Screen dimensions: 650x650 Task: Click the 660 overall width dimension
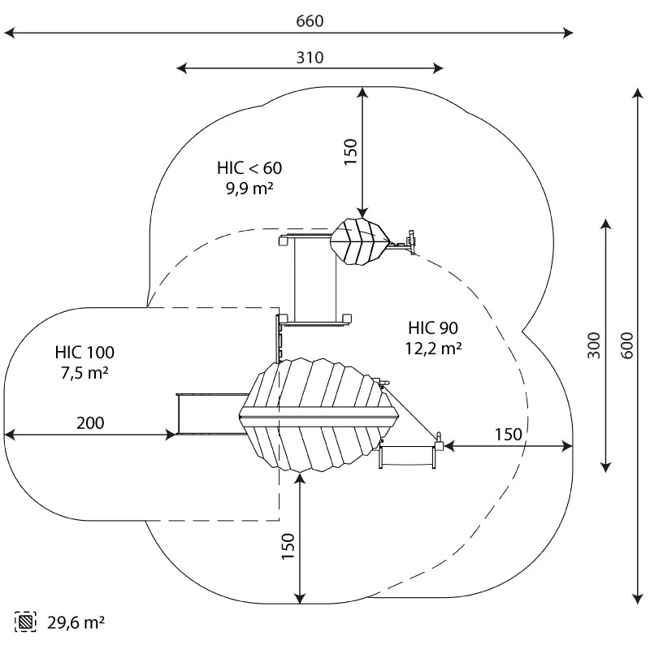point(310,21)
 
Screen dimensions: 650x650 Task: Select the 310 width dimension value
point(310,57)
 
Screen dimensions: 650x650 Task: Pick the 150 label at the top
point(351,152)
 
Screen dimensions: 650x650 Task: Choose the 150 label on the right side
point(509,435)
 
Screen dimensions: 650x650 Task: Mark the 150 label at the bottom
point(288,546)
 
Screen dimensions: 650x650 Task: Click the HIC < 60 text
point(249,168)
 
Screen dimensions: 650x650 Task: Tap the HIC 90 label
point(434,328)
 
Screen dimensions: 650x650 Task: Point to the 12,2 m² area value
point(434,348)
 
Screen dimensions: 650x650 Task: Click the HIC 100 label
point(84,353)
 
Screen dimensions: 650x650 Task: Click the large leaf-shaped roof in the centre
point(317,416)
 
